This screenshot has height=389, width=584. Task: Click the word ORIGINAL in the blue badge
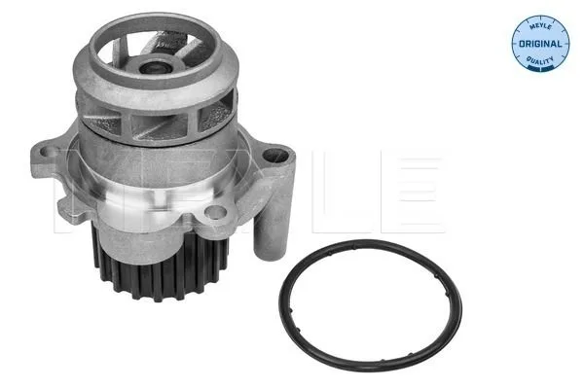coord(540,44)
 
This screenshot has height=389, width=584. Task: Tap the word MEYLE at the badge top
coord(540,26)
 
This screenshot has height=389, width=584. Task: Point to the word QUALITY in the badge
coord(540,60)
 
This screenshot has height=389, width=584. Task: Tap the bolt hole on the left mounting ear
coord(48,152)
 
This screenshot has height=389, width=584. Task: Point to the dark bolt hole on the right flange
coord(275,156)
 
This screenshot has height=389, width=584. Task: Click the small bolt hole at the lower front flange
coord(216,213)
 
